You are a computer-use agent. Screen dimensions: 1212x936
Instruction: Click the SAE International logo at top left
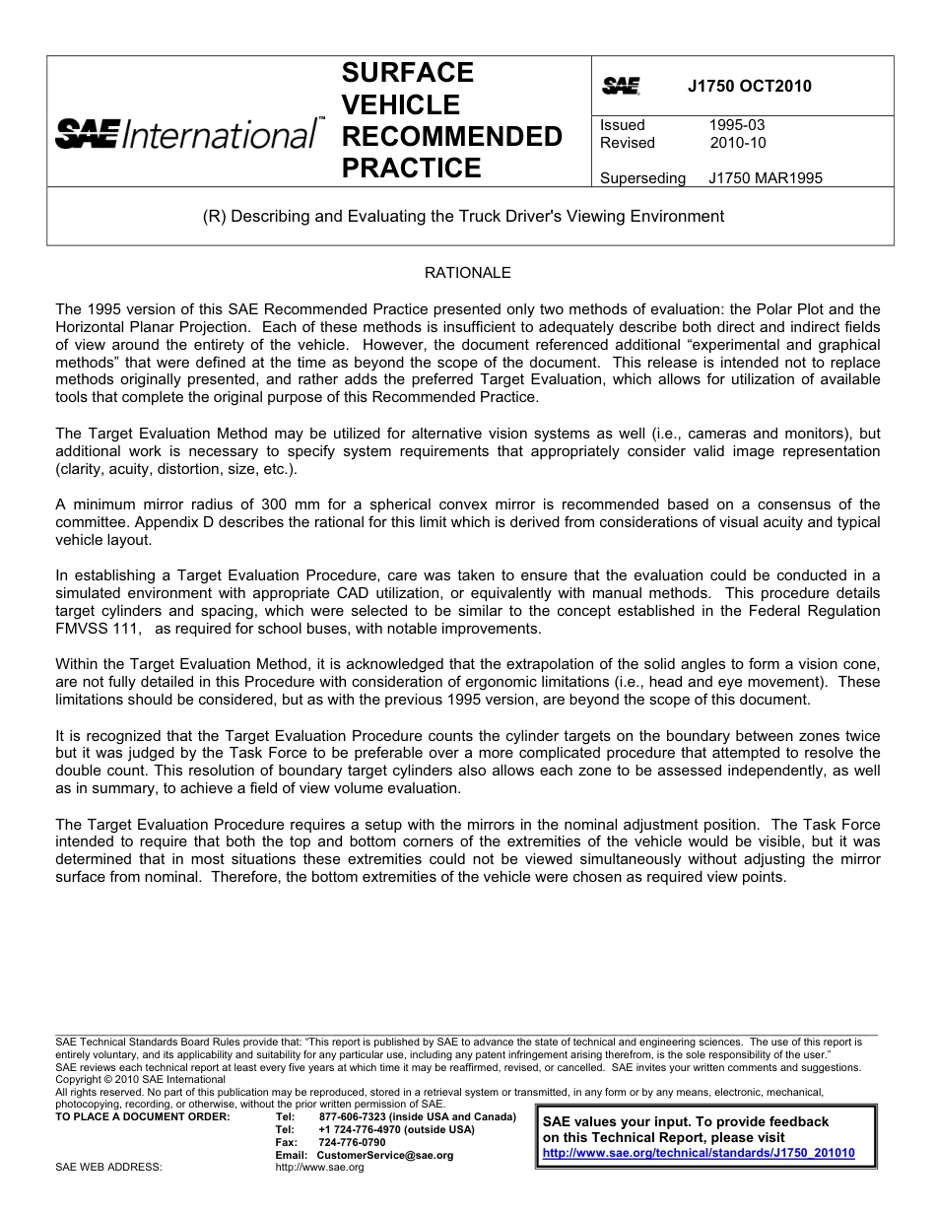187,133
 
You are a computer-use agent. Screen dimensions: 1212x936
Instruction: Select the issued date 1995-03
736,125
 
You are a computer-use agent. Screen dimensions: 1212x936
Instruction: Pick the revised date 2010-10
737,143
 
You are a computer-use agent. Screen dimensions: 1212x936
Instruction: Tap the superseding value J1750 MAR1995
765,178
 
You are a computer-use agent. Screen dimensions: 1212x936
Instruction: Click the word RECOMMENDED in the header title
451,136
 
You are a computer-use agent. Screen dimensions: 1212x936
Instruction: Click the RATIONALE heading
467,273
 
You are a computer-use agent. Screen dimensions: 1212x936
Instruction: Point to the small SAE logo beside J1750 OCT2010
621,87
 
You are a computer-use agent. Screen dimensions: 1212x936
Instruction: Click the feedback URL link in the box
699,1152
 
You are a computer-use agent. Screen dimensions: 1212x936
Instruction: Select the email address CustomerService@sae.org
385,1155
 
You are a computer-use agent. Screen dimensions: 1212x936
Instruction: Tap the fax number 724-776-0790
352,1142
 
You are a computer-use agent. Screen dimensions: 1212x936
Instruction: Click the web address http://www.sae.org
319,1168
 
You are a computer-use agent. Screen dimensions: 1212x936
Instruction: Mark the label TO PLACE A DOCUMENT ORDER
143,1116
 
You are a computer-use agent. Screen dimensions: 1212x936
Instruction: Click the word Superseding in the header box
641,178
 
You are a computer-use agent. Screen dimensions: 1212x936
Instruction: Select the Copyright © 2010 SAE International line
140,1079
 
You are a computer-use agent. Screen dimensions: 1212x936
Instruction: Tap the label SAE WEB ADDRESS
108,1168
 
